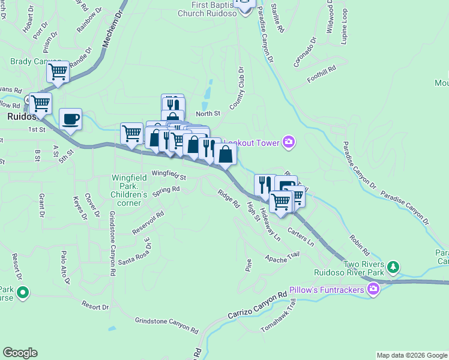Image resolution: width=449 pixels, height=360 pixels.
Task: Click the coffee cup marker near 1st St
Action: (70, 118)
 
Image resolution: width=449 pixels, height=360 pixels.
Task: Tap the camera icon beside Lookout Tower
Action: (289, 141)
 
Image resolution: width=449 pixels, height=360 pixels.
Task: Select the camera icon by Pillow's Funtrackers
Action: (374, 290)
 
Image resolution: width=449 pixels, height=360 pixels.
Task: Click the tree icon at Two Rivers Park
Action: (393, 265)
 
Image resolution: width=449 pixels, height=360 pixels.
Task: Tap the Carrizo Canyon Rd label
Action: (258, 306)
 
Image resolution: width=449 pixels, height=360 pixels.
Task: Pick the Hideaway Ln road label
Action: (269, 224)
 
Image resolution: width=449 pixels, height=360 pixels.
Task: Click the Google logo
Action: (20, 353)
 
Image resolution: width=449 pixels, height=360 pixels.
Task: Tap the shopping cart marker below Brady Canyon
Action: (58, 73)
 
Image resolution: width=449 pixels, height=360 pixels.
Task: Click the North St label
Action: (208, 113)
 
